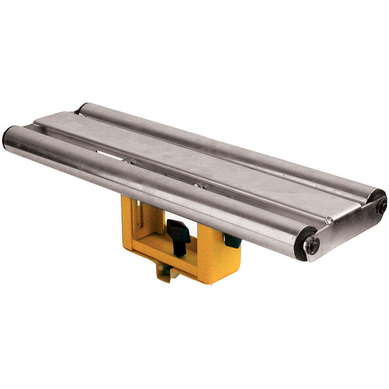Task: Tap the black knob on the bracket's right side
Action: [232, 241]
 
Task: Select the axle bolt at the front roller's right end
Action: [312, 246]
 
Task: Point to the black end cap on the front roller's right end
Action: [301, 242]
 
